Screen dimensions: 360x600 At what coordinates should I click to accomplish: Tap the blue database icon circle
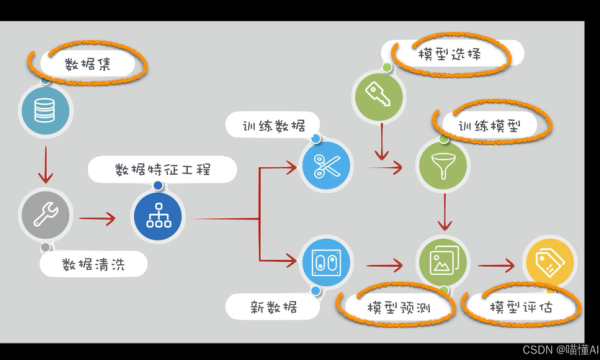(x=45, y=112)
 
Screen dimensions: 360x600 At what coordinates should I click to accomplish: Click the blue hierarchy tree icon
(x=158, y=215)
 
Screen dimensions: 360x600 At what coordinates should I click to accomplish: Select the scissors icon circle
(x=327, y=163)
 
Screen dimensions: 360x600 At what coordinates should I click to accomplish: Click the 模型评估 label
(x=520, y=306)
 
